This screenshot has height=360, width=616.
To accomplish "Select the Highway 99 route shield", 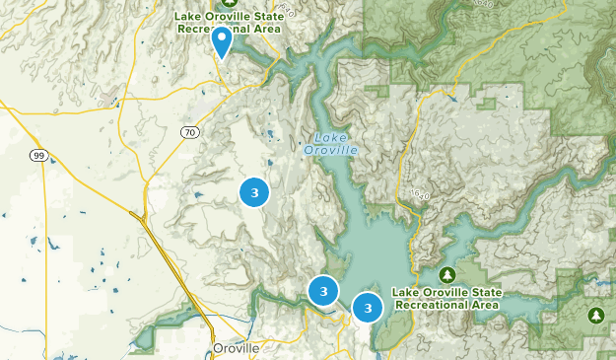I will pos(37,155).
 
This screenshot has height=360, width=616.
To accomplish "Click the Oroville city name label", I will pos(237,349).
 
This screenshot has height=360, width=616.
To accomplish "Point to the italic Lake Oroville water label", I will pos(330,143).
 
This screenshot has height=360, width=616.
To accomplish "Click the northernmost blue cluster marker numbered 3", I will pos(254,192).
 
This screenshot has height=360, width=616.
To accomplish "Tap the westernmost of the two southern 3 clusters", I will pos(323,291).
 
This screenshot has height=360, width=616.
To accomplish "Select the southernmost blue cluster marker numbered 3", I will pos(368,308).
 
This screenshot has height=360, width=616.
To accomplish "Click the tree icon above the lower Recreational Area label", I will pos(446,273).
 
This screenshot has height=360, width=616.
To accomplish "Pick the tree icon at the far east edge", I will pos(595,315).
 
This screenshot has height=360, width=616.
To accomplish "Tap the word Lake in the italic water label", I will pos(330,137).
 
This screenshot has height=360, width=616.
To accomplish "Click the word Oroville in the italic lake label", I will pos(330,150).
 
